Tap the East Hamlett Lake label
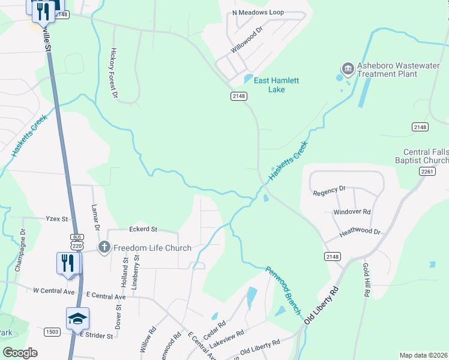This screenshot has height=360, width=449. click(x=276, y=85)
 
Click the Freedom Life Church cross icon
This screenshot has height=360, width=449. click(x=104, y=247)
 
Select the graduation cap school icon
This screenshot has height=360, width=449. click(x=77, y=318)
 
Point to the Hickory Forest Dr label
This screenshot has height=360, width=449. click(x=112, y=70)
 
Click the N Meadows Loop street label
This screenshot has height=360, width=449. click(x=258, y=13)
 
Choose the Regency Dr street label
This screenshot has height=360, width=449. click(x=330, y=190)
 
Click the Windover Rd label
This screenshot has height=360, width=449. click(x=352, y=212)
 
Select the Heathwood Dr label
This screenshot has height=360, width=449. click(x=360, y=232)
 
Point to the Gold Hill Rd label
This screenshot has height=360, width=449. click(x=366, y=280)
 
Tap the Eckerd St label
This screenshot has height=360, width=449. click(x=143, y=229)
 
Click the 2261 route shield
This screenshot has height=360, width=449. click(x=427, y=172)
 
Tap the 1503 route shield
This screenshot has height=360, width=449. click(x=52, y=332)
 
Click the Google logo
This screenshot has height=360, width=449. click(x=20, y=353)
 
